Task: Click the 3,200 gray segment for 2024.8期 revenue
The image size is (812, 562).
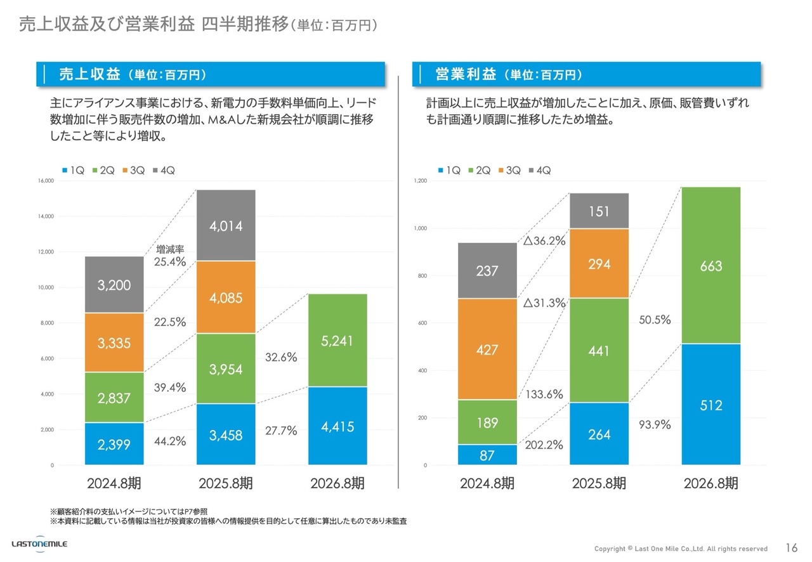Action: [x=114, y=285]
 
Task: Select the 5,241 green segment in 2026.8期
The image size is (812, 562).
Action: [x=337, y=341]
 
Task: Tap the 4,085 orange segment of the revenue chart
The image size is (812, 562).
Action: [x=226, y=297]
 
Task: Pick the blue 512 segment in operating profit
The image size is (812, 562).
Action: [x=710, y=405]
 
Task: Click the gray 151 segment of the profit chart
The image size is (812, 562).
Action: [x=599, y=211]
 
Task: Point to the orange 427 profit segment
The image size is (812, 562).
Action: [x=487, y=350]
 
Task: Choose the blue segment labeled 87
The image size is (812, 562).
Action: [x=487, y=455]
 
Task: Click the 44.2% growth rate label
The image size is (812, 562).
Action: [x=170, y=441]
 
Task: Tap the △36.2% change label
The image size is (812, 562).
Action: [x=544, y=241]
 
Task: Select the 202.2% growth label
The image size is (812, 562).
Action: [x=544, y=445]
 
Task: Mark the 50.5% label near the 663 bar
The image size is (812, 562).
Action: [x=655, y=320]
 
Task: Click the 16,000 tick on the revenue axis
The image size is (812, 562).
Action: [x=45, y=181]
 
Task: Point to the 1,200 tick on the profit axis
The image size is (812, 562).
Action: [x=421, y=181]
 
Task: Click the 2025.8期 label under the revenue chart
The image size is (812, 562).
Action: [x=226, y=483]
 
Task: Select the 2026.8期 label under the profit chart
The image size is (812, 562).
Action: [x=710, y=483]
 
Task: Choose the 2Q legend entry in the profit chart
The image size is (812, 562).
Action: [x=479, y=170]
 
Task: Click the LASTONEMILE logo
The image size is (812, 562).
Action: [x=39, y=544]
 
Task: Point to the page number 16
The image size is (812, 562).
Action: [x=791, y=548]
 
